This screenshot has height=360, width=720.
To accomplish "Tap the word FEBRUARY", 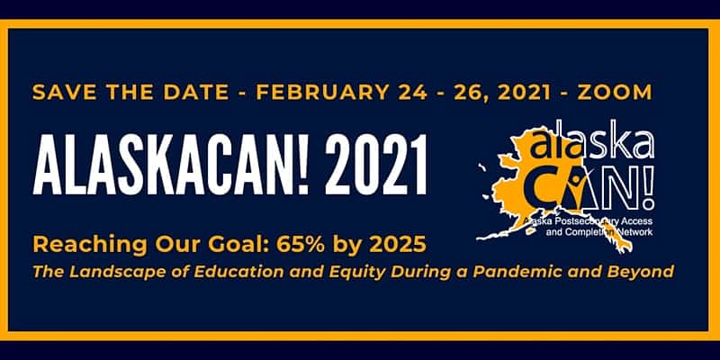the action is point(322,93).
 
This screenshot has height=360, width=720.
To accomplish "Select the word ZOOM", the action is point(615,93).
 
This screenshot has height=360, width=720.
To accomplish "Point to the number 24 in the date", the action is point(413,93).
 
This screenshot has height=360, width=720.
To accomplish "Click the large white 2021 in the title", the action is point(376,165).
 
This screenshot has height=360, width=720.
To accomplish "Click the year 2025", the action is point(398,245).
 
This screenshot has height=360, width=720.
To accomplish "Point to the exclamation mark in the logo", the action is point(646,185).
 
